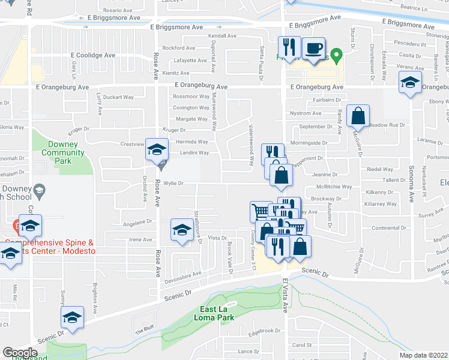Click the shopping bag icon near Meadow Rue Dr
click(358, 115)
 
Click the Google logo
click(20, 353)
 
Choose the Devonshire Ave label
click(182, 274)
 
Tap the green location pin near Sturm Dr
click(337, 58)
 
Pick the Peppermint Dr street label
click(309, 158)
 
